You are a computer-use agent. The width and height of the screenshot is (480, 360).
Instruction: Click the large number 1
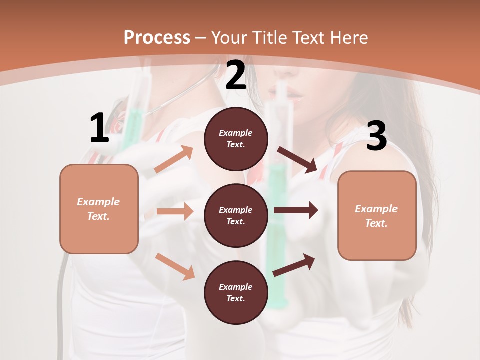coord(99,128)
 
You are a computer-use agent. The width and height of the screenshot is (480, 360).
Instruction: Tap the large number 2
coord(236,76)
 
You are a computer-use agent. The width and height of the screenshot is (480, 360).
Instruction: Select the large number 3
coord(376,136)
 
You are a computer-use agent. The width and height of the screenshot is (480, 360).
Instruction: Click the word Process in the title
coord(157,37)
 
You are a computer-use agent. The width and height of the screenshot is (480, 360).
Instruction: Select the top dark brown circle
coord(236,139)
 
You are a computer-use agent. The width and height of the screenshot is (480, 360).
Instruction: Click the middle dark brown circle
coord(236,215)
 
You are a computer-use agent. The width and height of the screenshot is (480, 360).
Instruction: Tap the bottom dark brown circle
coord(236,292)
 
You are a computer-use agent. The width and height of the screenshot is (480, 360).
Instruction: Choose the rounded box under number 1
coord(99,209)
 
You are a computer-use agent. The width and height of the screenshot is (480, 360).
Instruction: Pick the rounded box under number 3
coord(377,216)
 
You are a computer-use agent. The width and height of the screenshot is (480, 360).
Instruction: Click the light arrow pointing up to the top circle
coord(174,159)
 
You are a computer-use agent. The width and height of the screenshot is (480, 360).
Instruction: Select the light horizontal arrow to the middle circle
coord(175,211)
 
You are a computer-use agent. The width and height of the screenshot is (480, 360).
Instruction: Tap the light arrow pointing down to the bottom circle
coord(175,266)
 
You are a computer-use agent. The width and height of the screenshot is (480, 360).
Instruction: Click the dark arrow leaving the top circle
coord(297,160)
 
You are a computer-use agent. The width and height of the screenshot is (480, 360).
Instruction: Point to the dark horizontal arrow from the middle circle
coord(296,210)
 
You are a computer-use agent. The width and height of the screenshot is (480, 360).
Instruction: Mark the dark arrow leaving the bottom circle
coord(294,265)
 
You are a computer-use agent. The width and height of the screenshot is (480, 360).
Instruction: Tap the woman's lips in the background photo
coord(282,95)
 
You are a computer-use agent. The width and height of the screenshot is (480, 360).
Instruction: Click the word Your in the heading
coord(229,37)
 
